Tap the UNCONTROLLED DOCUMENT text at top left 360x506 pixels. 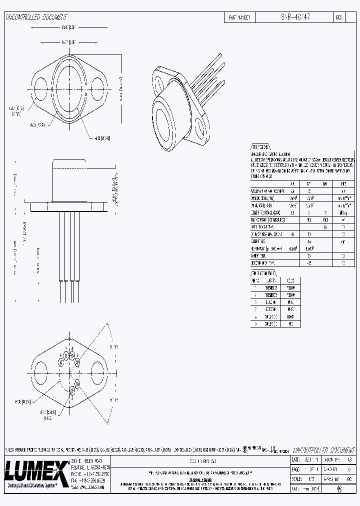[x=35, y=17]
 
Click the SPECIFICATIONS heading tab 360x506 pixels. [x=260, y=148]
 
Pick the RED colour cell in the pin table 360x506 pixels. [x=291, y=323]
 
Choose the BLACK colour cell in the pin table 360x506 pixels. [x=291, y=316]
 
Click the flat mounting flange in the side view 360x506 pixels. [x=69, y=205]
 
